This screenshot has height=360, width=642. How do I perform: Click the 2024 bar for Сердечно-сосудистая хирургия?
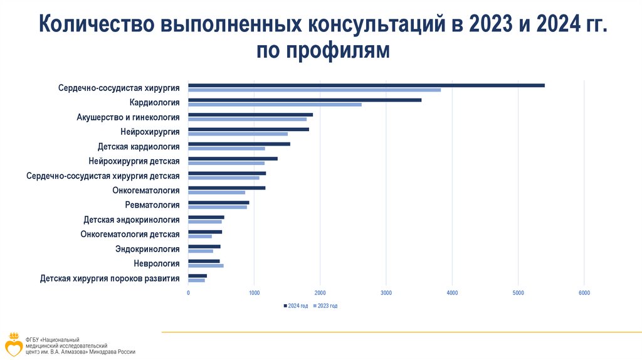366,85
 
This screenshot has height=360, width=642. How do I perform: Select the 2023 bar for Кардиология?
275,105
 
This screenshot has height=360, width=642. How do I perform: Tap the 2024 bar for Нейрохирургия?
248,129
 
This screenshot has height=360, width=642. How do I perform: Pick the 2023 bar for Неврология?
206,266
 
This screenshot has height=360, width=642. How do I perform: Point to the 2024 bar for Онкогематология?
226,188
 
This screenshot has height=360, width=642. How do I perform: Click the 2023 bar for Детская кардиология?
226,149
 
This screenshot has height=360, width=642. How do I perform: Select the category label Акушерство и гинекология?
128,117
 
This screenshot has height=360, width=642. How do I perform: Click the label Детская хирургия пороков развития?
110,278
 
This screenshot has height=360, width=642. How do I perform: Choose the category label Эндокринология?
147,249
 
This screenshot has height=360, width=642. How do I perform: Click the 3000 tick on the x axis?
386,293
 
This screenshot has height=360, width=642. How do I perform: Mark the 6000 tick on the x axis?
584,293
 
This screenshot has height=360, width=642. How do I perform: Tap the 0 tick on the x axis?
188,293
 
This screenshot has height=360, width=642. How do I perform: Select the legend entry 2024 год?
297,305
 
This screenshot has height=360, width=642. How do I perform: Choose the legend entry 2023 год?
327,305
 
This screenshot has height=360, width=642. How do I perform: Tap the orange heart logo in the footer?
13,344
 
